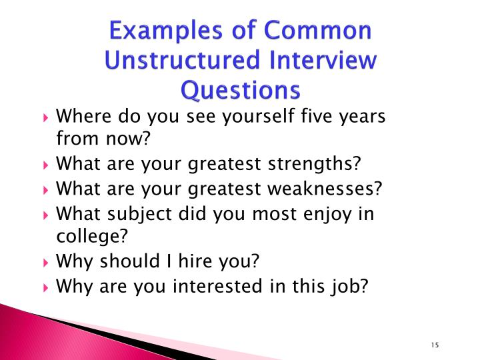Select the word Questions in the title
[240, 89]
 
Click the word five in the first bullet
[308, 119]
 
